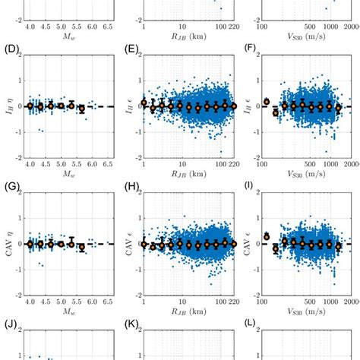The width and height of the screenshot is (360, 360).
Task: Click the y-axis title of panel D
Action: (7, 106)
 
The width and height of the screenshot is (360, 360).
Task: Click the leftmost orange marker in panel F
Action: (267, 101)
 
